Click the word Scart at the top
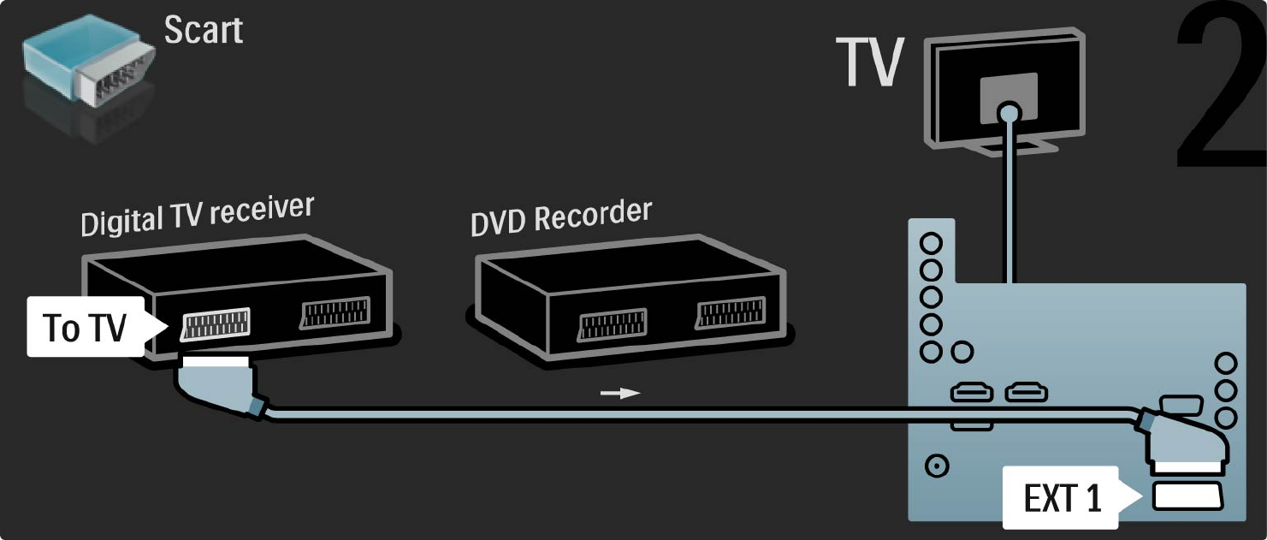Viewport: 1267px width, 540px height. (x=204, y=30)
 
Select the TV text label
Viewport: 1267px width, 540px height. (x=871, y=62)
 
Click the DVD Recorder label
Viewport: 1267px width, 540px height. (x=560, y=217)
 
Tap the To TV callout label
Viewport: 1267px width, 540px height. (x=86, y=327)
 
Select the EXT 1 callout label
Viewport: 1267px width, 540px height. (x=1063, y=498)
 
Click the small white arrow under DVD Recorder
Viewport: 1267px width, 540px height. (x=619, y=393)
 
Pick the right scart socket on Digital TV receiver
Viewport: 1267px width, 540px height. (x=335, y=312)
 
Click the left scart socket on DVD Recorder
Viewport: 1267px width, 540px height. (x=611, y=326)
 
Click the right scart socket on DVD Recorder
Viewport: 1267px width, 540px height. (x=728, y=313)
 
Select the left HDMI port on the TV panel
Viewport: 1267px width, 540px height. (x=972, y=393)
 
